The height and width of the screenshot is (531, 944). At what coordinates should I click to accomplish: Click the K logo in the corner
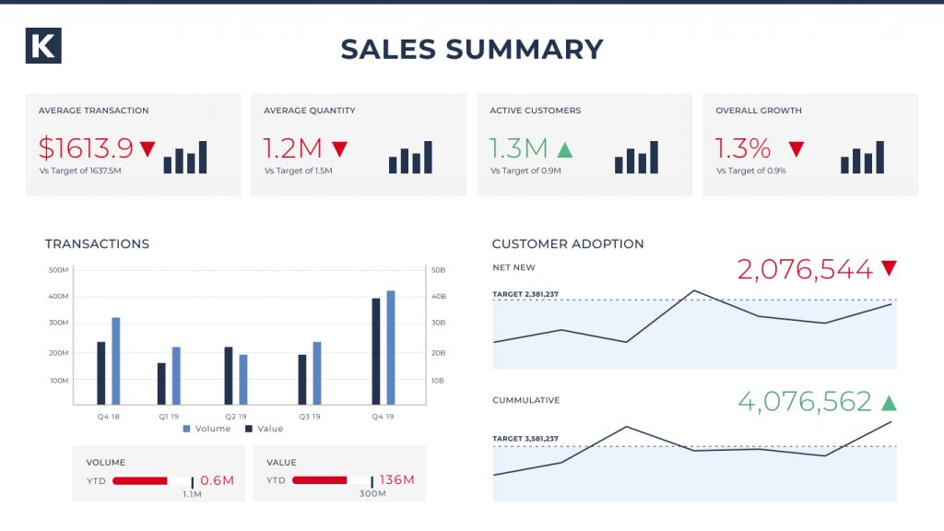pyautogui.click(x=43, y=46)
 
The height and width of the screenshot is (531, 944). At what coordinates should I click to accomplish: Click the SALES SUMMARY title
pyautogui.click(x=472, y=49)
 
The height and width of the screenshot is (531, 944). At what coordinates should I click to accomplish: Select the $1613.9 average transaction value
pyautogui.click(x=86, y=147)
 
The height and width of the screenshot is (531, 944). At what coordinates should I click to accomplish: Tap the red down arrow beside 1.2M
pyautogui.click(x=339, y=148)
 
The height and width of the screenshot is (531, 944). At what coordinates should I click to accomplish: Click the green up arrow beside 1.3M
pyautogui.click(x=564, y=148)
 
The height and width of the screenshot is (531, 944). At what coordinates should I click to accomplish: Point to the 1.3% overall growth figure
pyautogui.click(x=743, y=147)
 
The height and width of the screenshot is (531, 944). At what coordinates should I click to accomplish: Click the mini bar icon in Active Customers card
pyautogui.click(x=636, y=158)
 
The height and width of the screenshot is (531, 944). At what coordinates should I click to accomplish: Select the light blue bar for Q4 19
pyautogui.click(x=391, y=348)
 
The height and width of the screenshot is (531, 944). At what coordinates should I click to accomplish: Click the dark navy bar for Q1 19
pyautogui.click(x=161, y=383)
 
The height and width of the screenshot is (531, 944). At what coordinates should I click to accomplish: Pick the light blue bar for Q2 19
pyautogui.click(x=243, y=379)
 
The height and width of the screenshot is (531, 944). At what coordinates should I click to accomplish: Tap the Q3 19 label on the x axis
pyautogui.click(x=309, y=416)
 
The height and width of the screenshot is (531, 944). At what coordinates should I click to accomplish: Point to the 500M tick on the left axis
pyautogui.click(x=58, y=270)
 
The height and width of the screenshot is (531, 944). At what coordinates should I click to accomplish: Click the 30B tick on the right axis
pyautogui.click(x=437, y=323)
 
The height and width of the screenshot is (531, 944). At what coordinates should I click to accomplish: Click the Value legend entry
pyautogui.click(x=265, y=429)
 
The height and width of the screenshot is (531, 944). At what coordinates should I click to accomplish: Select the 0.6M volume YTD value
pyautogui.click(x=217, y=480)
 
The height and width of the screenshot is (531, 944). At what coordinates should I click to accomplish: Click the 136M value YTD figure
pyautogui.click(x=396, y=479)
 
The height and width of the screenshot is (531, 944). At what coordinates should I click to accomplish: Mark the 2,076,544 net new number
pyautogui.click(x=804, y=269)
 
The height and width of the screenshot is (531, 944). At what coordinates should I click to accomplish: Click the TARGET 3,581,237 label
pyautogui.click(x=525, y=438)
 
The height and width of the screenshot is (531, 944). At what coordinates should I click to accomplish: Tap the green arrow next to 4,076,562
pyautogui.click(x=889, y=402)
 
